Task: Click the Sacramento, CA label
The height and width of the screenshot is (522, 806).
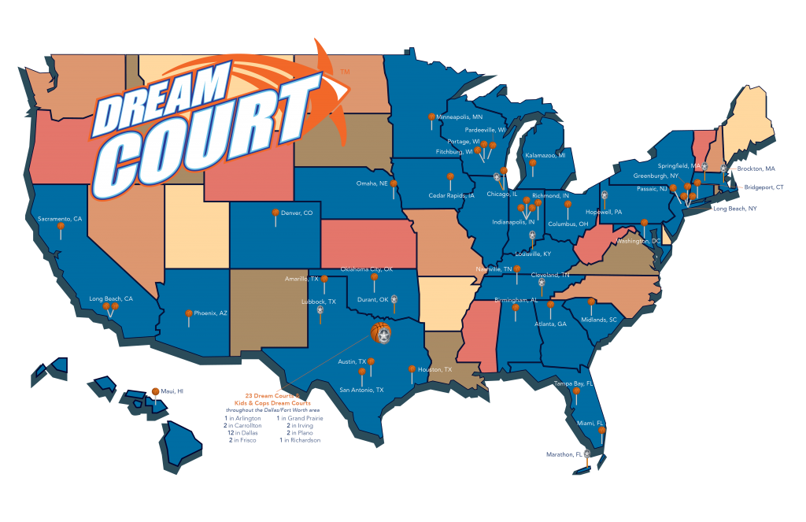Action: coord(60,219)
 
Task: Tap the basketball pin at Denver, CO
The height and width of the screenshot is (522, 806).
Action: coord(275,213)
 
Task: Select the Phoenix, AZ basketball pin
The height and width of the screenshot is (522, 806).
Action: coord(189,314)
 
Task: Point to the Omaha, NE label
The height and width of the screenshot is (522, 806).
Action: coord(372,183)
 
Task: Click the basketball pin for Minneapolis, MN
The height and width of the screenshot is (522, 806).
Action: coord(431,117)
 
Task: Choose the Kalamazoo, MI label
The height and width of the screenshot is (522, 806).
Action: coord(545,156)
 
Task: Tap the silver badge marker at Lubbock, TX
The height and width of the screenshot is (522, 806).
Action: coord(320,310)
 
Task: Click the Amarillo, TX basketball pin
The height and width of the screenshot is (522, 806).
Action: coord(324,279)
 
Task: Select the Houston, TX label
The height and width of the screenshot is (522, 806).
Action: coord(435,369)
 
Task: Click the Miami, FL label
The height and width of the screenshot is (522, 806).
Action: coord(590,423)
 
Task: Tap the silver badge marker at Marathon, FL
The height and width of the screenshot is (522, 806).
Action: coord(586,454)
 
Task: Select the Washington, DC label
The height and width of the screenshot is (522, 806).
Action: coord(638,241)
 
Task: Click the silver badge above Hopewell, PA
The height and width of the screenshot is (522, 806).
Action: coord(604,194)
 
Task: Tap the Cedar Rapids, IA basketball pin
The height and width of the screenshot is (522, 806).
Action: coord(450,177)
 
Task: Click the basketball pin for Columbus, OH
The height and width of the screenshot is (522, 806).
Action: coord(568,205)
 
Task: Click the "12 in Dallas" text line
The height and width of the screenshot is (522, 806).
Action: coord(240,432)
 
